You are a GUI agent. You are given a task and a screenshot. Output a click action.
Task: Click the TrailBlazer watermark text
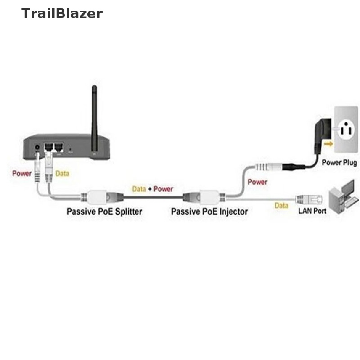(x=62, y=13)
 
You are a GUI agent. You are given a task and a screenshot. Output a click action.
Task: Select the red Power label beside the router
(x=22, y=173)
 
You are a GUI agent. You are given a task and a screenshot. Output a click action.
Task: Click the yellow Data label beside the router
(x=63, y=173)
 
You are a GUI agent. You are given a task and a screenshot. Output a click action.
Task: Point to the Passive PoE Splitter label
(x=104, y=212)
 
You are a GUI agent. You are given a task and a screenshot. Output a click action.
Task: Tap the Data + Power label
(x=153, y=189)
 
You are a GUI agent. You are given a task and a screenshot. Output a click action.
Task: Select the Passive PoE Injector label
(x=209, y=212)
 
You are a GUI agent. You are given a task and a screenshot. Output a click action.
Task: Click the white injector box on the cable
(x=210, y=197)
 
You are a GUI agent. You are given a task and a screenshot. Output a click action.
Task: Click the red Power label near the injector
(x=257, y=182)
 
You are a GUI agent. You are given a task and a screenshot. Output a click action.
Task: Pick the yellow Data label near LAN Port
(x=281, y=206)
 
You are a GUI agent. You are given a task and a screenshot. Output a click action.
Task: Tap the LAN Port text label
(x=312, y=211)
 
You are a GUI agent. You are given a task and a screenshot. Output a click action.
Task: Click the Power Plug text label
(x=339, y=163)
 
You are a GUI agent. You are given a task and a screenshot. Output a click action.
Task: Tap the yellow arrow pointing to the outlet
(x=329, y=143)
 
